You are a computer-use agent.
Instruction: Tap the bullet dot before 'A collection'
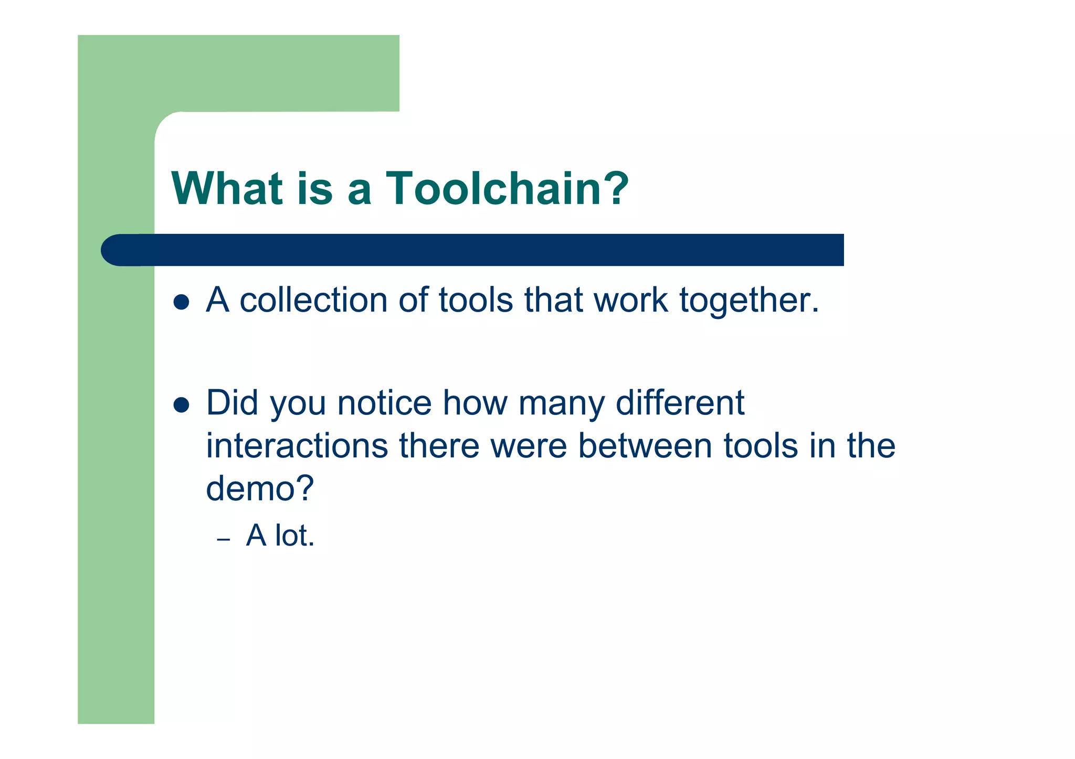coord(181,302)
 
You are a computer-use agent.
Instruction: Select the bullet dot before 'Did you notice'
coord(181,404)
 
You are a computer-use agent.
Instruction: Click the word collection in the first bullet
coord(314,300)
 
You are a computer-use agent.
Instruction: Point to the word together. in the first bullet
coord(749,301)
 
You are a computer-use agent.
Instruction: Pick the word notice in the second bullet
coord(384,403)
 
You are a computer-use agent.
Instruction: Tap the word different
coord(680,403)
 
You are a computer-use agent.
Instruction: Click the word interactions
coord(297,446)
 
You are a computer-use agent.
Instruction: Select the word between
coord(645,446)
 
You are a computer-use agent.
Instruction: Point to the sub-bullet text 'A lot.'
coord(280,536)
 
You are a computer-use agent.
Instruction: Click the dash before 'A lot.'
coord(224,540)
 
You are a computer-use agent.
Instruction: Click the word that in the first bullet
coord(554,300)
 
